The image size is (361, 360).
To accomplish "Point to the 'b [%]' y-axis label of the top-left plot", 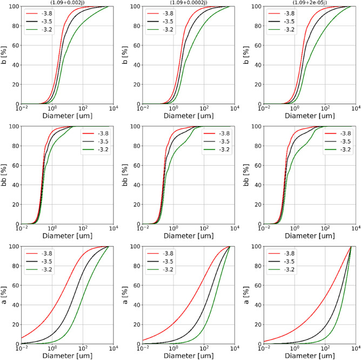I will [x=4, y=55].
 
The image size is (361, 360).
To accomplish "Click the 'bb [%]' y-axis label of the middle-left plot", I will [x=4, y=175].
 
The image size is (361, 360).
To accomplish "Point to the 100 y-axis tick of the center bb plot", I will [x=133, y=126].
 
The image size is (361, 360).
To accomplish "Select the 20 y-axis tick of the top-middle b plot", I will [x=136, y=85].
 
